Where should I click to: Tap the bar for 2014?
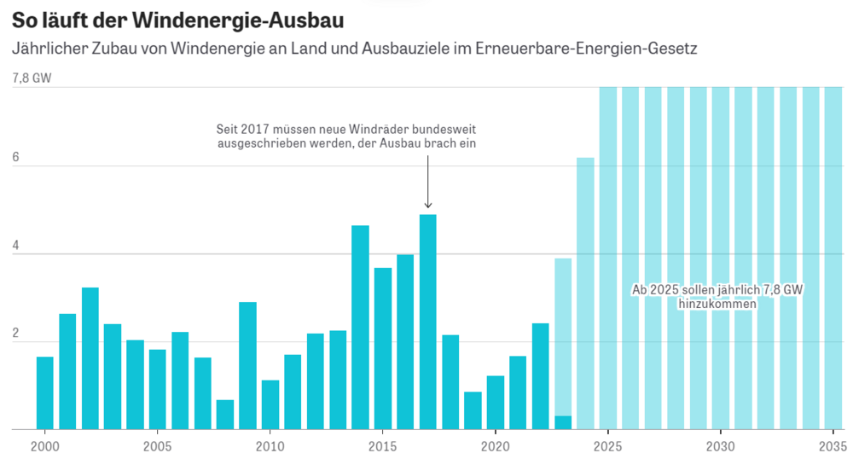coord(360,328)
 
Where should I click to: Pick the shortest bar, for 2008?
coord(225,415)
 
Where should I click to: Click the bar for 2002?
coord(90,358)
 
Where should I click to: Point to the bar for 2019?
coord(473,410)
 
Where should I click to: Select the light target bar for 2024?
coord(585,293)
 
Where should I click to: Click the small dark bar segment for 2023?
coord(563,422)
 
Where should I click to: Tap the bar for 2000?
coord(45,392)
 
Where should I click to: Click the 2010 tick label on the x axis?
coord(270,446)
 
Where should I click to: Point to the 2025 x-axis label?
coord(608,446)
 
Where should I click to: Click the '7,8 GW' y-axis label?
coord(32,78)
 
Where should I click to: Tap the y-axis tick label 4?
coord(15,253)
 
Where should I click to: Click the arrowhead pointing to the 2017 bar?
coord(428,205)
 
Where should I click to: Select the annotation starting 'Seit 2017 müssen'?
coord(345,137)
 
